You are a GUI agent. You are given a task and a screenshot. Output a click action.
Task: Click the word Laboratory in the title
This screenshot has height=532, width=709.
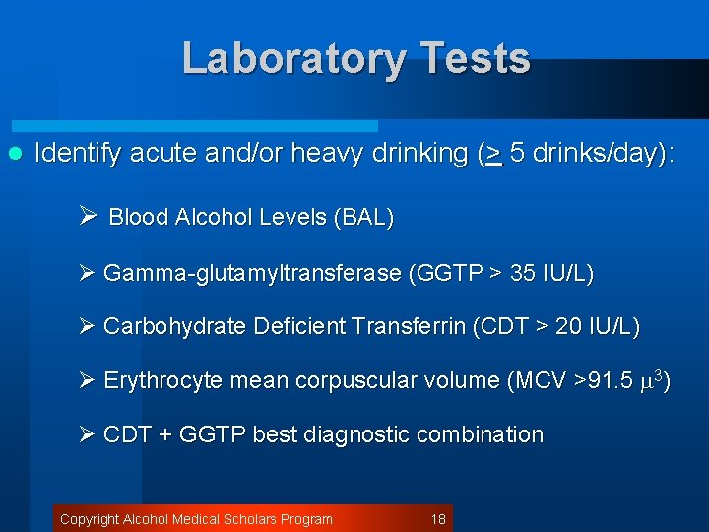pos(290,59)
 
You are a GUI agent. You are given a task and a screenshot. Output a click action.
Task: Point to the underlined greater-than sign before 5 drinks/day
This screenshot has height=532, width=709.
pos(494,155)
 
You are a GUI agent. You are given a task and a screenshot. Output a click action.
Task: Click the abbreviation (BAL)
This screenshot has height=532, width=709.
pos(363,218)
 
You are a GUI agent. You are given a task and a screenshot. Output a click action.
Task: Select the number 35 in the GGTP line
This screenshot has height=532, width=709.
pos(524,273)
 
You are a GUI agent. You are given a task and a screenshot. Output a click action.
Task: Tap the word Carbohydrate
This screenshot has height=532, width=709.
pos(161,326)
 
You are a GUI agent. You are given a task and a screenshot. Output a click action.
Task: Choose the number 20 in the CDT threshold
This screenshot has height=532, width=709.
pos(569,326)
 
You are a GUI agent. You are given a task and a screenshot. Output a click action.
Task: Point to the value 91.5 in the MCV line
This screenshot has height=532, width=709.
pos(610,380)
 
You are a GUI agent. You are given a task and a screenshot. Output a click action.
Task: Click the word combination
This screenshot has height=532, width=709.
pos(483,434)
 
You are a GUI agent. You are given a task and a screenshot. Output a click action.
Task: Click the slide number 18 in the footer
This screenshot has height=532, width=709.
pos(439,519)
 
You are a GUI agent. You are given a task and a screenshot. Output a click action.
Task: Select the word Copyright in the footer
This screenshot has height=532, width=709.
pos(90,519)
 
